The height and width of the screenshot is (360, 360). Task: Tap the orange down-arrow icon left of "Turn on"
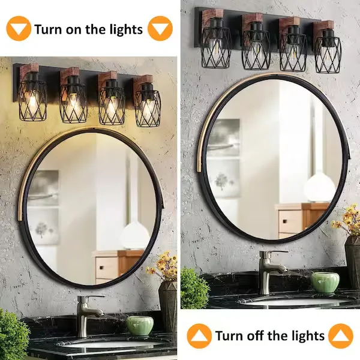(19, 28)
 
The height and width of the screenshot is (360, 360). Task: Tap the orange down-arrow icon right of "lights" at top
(160, 28)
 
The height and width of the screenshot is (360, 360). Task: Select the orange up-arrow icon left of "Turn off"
(199, 336)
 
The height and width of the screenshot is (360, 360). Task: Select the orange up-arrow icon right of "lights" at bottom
(340, 336)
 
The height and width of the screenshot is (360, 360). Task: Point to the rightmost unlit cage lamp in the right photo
(328, 50)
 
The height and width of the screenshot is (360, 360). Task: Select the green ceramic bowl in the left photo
(140, 325)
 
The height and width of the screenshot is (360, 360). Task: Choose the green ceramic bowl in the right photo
(325, 283)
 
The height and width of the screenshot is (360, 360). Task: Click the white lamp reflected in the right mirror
(320, 187)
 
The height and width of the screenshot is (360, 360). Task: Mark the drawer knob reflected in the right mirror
(285, 221)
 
